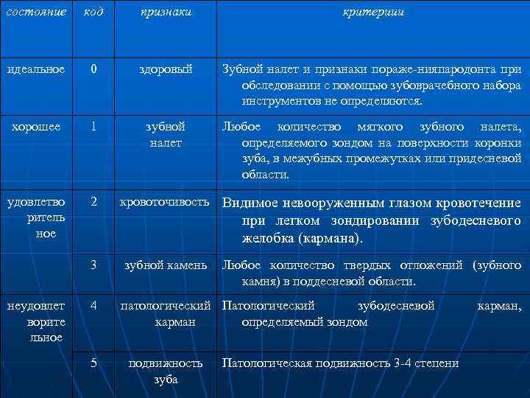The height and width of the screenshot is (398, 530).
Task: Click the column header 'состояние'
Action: pos(36,13)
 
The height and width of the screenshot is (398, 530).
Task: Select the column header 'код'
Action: pos(93,13)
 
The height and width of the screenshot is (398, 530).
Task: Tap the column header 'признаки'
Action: pos(166,13)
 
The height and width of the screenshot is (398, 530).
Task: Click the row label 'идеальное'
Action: pos(36,69)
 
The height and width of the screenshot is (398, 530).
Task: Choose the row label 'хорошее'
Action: pos(36,125)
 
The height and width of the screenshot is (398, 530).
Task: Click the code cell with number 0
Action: pos(93,69)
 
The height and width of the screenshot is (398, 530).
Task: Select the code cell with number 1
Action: pos(93,125)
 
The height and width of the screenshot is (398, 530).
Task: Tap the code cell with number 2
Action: pos(93,200)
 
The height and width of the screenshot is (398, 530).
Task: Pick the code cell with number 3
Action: pos(93,265)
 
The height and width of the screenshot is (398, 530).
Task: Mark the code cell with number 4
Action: pos(93,304)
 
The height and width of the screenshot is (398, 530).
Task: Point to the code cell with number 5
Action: pos(93,362)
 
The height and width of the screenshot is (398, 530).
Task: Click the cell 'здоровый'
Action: pos(166,69)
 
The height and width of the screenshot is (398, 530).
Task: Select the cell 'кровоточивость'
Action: pos(166,201)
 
